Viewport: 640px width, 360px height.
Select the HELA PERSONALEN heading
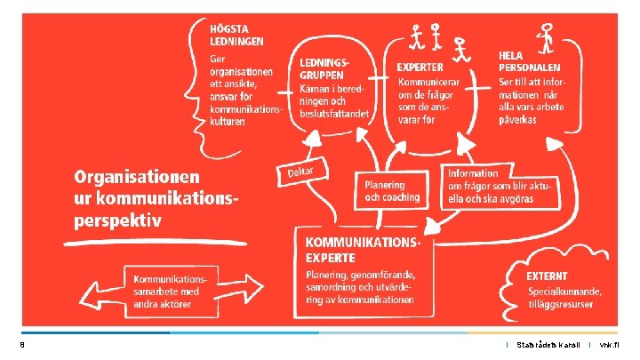coord(529,60)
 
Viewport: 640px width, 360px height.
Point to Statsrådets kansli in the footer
coord(548,345)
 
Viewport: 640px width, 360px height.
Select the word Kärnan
coord(316,90)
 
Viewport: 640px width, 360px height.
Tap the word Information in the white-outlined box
coord(473,173)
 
